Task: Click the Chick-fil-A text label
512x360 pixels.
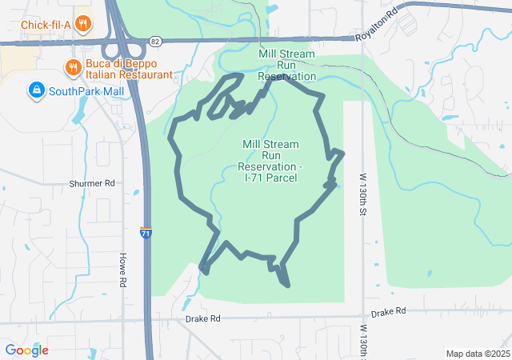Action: [x=46, y=24]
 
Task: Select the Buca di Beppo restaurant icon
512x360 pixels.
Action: [x=73, y=66]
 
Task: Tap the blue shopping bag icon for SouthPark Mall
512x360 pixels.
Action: [x=35, y=90]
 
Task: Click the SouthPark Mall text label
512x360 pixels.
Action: [x=86, y=91]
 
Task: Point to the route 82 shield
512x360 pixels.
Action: [x=154, y=40]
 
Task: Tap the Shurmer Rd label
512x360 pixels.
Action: [x=93, y=183]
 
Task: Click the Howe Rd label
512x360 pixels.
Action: [x=123, y=270]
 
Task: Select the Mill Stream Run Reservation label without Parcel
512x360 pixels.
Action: [x=286, y=65]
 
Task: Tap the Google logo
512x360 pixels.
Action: [x=26, y=350]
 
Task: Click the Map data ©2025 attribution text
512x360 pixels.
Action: [x=477, y=354]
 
